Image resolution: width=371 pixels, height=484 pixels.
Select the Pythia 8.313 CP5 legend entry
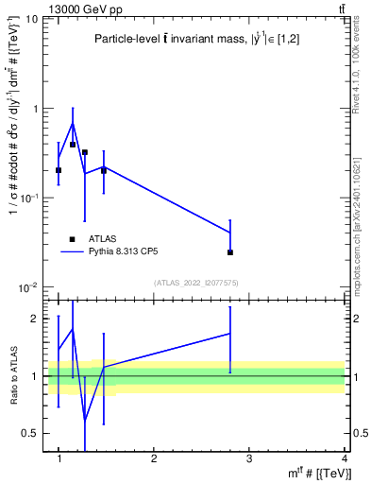[x=126, y=252]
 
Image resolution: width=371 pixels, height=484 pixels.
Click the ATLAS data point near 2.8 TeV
[x=230, y=252]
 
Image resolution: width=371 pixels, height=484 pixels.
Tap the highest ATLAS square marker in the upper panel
[x=73, y=145]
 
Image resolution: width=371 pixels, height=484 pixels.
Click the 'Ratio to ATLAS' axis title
[x=12, y=376]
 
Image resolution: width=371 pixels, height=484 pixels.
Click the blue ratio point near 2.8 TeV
[x=230, y=333]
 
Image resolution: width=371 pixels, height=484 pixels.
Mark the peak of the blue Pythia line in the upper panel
[x=73, y=123]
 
